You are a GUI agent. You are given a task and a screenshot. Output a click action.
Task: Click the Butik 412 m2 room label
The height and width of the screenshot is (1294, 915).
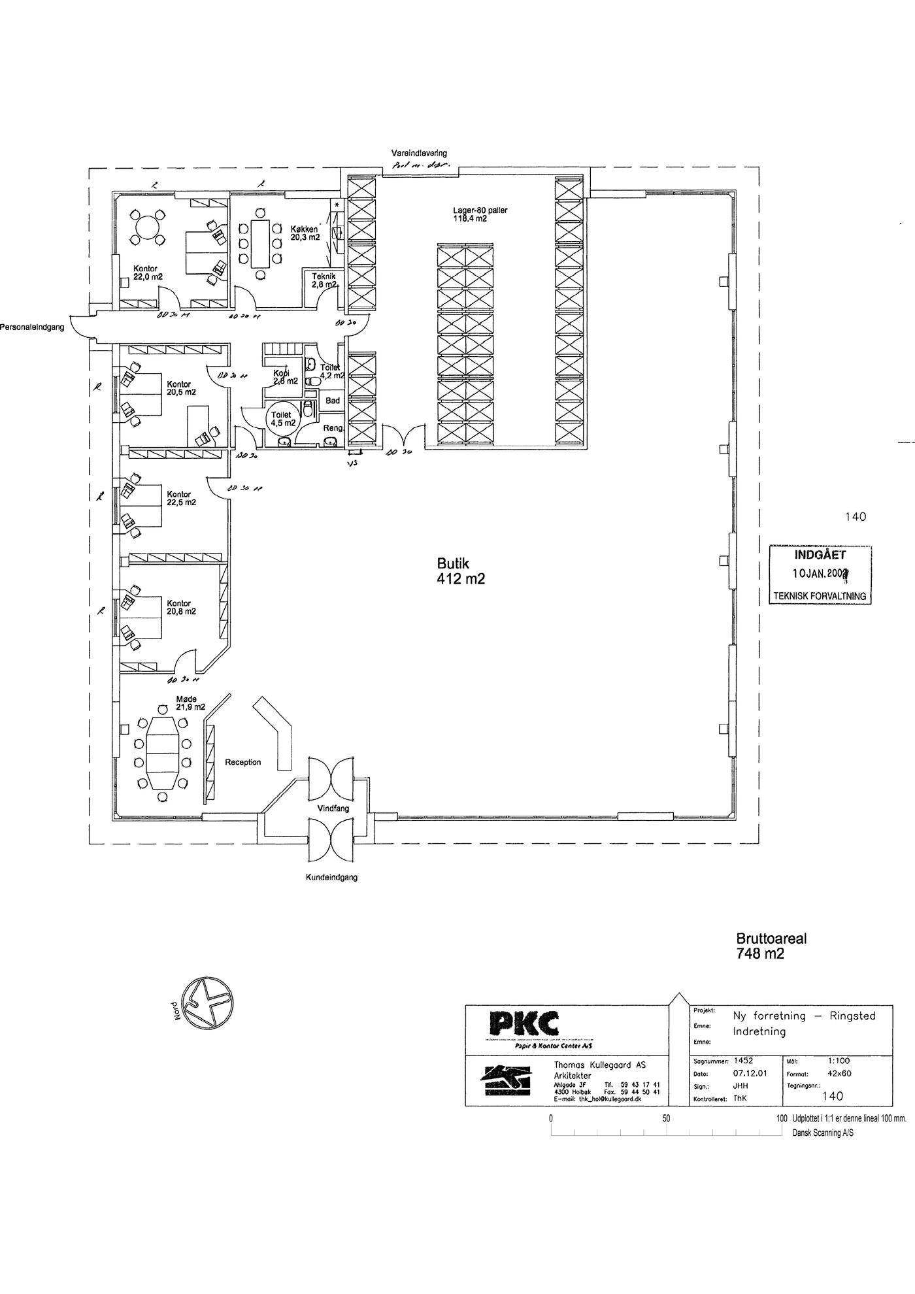(461, 571)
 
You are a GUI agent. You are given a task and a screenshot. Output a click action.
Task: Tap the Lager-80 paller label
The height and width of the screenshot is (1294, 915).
(480, 214)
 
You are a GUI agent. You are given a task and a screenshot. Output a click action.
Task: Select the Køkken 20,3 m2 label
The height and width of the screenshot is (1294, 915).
(305, 233)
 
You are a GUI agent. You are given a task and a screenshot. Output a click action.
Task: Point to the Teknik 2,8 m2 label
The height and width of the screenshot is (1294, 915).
(324, 280)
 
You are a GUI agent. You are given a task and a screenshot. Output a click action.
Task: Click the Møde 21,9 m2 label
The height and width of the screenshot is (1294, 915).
(190, 703)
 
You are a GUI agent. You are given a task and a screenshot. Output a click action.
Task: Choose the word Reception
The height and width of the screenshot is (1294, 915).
(242, 762)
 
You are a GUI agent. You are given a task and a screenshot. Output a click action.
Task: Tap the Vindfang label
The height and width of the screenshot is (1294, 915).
(333, 808)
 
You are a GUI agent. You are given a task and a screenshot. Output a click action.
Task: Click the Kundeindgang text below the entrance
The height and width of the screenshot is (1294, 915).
(331, 878)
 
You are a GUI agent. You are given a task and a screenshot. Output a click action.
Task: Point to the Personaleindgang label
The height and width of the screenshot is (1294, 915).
(32, 327)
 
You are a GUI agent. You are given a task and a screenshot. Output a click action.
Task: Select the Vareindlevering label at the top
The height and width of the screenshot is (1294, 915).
(419, 153)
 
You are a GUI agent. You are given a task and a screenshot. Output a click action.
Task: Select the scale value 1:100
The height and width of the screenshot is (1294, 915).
(839, 1061)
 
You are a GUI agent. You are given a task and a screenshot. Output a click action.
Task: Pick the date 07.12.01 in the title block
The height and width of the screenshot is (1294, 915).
(750, 1073)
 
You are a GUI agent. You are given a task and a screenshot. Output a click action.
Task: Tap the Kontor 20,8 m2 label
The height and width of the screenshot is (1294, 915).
(180, 608)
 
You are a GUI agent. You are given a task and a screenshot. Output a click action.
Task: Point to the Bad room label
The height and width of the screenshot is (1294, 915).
(333, 401)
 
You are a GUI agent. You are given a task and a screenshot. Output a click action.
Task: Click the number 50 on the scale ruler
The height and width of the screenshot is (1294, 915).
(666, 1118)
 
